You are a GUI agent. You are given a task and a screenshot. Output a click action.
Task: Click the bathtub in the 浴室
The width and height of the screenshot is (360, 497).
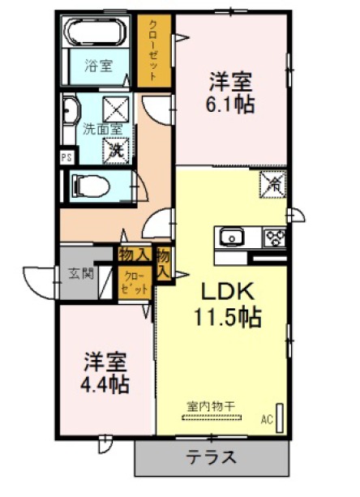tap(94, 32)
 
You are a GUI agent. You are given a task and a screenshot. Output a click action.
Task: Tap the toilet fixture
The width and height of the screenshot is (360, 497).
tap(90, 186)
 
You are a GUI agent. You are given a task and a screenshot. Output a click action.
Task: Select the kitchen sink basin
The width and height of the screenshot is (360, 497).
tap(232, 237)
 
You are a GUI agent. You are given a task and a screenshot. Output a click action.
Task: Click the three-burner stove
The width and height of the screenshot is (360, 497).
tap(275, 237)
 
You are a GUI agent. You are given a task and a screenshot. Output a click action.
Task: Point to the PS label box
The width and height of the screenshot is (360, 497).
tap(66, 157)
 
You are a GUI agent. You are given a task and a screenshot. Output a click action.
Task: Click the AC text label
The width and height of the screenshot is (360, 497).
tap(267, 420)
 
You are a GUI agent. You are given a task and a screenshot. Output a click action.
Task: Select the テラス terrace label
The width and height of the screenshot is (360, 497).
tap(212, 457)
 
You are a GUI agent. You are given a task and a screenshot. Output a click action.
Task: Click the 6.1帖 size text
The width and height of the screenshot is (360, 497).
tap(230, 105)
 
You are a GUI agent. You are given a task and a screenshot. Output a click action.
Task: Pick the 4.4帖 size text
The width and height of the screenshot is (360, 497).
tap(105, 384)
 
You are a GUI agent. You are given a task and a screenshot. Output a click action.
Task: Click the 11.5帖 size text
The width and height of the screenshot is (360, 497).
tap(228, 317)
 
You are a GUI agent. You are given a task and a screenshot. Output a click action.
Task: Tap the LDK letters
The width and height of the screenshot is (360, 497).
tap(228, 292)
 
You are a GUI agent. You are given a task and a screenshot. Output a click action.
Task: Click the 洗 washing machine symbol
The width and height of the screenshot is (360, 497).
tap(116, 151)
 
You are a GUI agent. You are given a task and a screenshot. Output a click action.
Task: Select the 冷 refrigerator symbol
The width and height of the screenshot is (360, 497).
tap(273, 185)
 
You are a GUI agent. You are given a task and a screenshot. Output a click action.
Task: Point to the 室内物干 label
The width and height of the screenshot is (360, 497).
tap(211, 406)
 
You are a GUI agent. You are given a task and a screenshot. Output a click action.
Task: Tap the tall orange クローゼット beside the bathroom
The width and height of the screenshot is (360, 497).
tap(154, 51)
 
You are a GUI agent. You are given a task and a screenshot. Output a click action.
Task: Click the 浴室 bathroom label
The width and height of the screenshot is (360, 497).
tap(99, 66)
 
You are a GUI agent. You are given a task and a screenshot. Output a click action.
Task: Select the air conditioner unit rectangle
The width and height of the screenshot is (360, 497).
tap(280, 418)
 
